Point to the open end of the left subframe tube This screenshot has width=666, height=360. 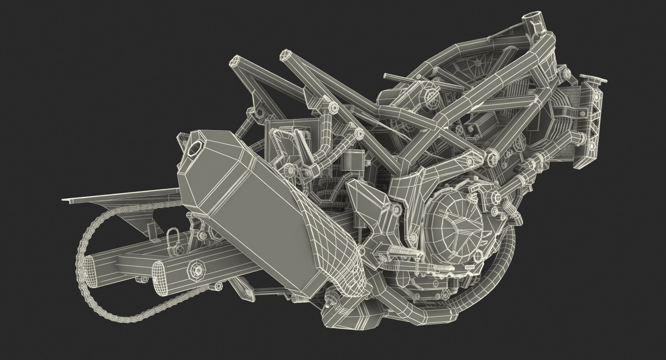pos(234,63)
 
